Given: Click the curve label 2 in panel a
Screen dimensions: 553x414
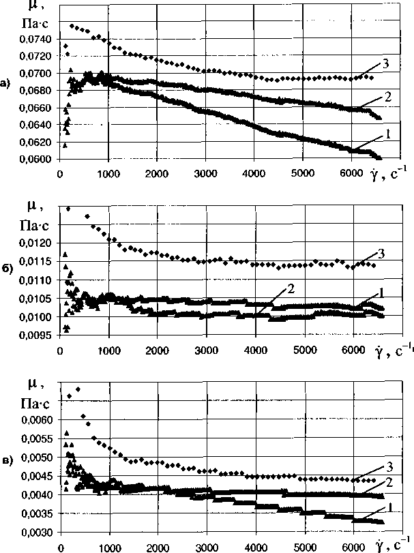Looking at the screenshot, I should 386,97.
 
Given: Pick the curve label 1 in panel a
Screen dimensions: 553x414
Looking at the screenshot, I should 386,134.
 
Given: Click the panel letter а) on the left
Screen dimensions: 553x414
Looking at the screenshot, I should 6,84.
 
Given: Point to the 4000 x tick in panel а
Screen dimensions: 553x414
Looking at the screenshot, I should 254,173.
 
